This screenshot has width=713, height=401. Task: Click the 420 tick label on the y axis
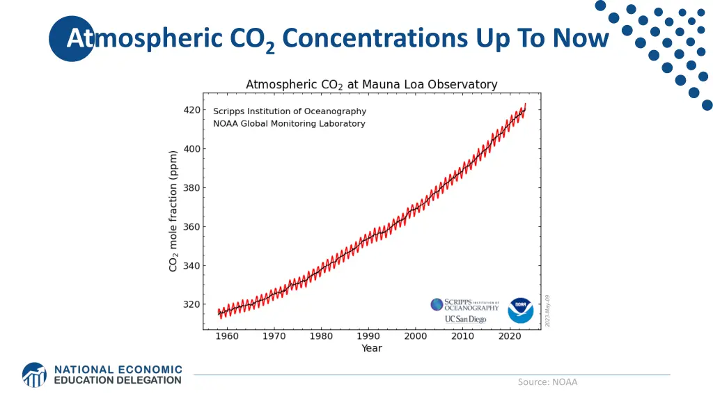[192, 110]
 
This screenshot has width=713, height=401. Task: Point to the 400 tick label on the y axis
[192, 149]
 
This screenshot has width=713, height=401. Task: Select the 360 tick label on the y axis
[192, 227]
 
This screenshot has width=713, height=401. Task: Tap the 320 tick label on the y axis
[192, 304]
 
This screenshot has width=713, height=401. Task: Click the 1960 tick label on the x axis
[227, 336]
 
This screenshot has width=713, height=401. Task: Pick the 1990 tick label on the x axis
[368, 336]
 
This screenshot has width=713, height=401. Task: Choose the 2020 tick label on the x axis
[510, 336]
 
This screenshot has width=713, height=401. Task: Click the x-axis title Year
[372, 348]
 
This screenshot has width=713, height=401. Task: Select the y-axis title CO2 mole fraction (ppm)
[174, 211]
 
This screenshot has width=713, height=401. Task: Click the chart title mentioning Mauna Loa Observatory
[372, 85]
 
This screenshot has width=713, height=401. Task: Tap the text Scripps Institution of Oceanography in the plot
[290, 111]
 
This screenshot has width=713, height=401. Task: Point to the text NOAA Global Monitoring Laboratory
[289, 124]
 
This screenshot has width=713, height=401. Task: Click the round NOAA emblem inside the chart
[520, 310]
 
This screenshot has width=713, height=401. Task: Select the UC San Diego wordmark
[465, 319]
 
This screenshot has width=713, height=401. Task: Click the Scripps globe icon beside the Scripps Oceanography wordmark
[437, 304]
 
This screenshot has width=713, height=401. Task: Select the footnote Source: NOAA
[547, 382]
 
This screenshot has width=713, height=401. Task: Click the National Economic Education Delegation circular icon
[35, 375]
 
